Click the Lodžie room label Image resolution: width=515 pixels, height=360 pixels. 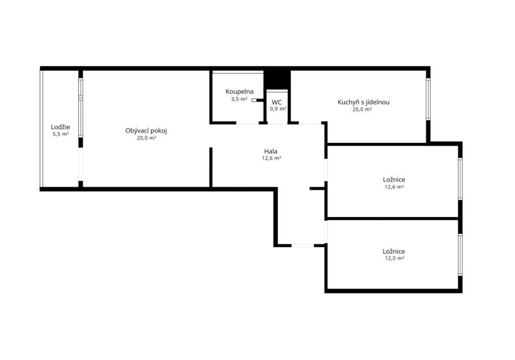pos(60,127)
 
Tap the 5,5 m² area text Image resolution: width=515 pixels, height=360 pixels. pos(60,134)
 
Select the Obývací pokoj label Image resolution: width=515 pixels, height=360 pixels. pos(146,131)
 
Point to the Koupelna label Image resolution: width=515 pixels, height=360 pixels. pos(240,92)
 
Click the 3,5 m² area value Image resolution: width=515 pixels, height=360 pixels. pos(239,99)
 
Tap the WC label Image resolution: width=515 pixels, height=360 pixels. pos(277,103)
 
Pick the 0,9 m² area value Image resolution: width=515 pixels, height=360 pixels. pos(278,109)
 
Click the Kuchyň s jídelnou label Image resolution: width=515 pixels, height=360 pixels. pos(363,102)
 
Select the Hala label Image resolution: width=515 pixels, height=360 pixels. pos(271,151)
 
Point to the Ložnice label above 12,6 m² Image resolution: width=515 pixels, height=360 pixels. pos(394,180)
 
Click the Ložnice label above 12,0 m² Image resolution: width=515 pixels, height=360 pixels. pos(394,251)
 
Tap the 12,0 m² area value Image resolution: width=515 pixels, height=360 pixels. pos(395,258)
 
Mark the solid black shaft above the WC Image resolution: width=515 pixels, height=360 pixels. pos(277,80)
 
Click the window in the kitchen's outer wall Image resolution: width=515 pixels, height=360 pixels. pos(428,99)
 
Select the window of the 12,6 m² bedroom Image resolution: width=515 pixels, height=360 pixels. pos(460,179)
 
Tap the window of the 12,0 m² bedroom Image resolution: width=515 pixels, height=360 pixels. pos(460,254)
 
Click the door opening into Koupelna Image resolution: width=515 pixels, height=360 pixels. pos(248,123)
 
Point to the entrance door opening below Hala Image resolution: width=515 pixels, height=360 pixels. pos(303,245)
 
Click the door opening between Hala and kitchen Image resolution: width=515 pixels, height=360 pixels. pos(310,123)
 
